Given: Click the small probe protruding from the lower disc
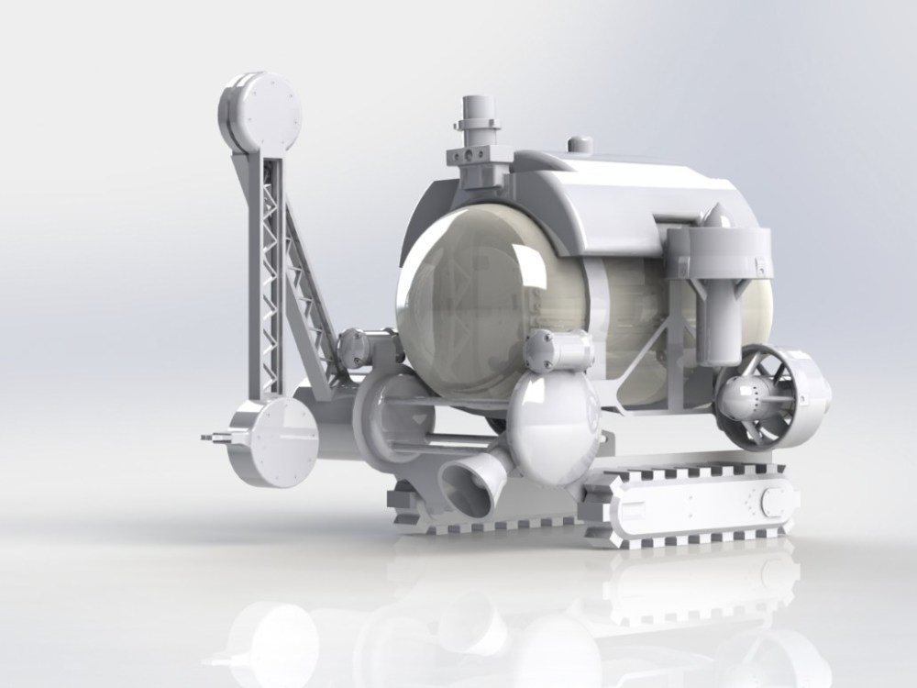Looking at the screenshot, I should click(216, 438).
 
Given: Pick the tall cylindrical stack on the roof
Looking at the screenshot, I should click(478, 128).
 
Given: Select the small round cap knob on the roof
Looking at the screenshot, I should click(580, 144).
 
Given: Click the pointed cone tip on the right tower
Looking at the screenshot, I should click(716, 217).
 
